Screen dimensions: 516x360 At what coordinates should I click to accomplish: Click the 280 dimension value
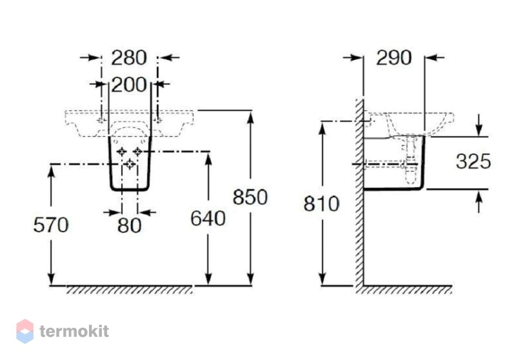coord(128,57)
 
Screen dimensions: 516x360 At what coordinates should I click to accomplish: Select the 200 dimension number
coord(128,85)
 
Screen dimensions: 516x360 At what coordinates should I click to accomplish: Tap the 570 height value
coord(51,225)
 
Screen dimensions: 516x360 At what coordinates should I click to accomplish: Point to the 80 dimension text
coord(130,225)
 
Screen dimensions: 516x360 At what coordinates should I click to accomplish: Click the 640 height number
coord(208,218)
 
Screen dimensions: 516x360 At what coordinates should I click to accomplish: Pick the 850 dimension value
coord(250,197)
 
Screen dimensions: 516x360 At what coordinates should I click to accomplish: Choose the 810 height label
coord(321,204)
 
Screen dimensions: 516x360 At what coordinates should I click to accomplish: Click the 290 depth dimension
coord(393,57)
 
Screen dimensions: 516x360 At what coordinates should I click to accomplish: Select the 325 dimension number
coord(473,161)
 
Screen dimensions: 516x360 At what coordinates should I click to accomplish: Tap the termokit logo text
coord(74,331)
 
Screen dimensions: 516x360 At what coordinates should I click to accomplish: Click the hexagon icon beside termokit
coord(25,331)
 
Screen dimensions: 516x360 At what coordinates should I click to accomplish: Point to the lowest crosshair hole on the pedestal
coord(130,163)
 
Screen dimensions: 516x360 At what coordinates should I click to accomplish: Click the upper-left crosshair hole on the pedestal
coord(122,152)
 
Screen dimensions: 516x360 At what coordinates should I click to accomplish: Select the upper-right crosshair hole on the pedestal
coord(137,152)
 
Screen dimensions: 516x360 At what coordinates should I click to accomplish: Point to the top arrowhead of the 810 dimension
coord(322,128)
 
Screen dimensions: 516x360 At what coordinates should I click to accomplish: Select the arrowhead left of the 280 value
coord(95,57)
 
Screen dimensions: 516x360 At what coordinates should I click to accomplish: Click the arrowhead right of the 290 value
coord(431,57)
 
